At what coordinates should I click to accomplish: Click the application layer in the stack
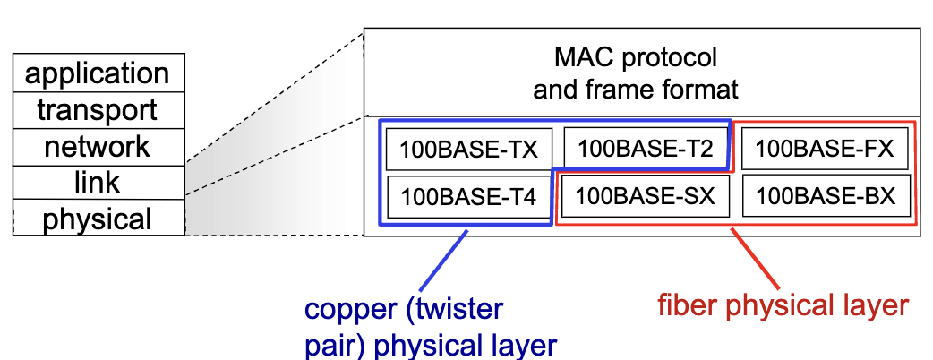[98, 73]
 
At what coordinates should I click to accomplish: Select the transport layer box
[98, 110]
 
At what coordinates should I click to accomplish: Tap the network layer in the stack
[98, 147]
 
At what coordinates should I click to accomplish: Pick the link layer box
[98, 183]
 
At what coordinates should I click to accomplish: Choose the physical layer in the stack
[98, 218]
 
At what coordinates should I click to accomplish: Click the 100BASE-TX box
[469, 150]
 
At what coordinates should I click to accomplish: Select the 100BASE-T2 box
[645, 148]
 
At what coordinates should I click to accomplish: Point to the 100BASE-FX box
[825, 148]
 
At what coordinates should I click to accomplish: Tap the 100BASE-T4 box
[469, 196]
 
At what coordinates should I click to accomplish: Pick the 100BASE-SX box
[645, 196]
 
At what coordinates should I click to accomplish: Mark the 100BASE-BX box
[826, 196]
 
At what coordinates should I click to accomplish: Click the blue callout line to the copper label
[443, 261]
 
